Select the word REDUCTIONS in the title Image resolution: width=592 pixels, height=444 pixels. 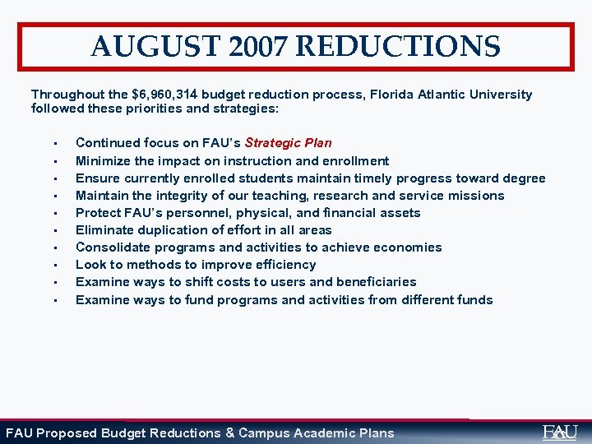click(397, 46)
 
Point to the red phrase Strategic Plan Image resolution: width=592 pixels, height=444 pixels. click(288, 143)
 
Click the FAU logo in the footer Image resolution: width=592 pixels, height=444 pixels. click(560, 432)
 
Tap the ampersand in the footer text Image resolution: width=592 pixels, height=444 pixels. click(229, 432)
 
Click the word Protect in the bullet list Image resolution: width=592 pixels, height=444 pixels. click(98, 213)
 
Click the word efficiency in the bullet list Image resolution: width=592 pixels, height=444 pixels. click(285, 265)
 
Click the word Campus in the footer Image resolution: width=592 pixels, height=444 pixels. click(263, 432)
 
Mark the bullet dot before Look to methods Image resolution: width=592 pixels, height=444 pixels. click(52, 266)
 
